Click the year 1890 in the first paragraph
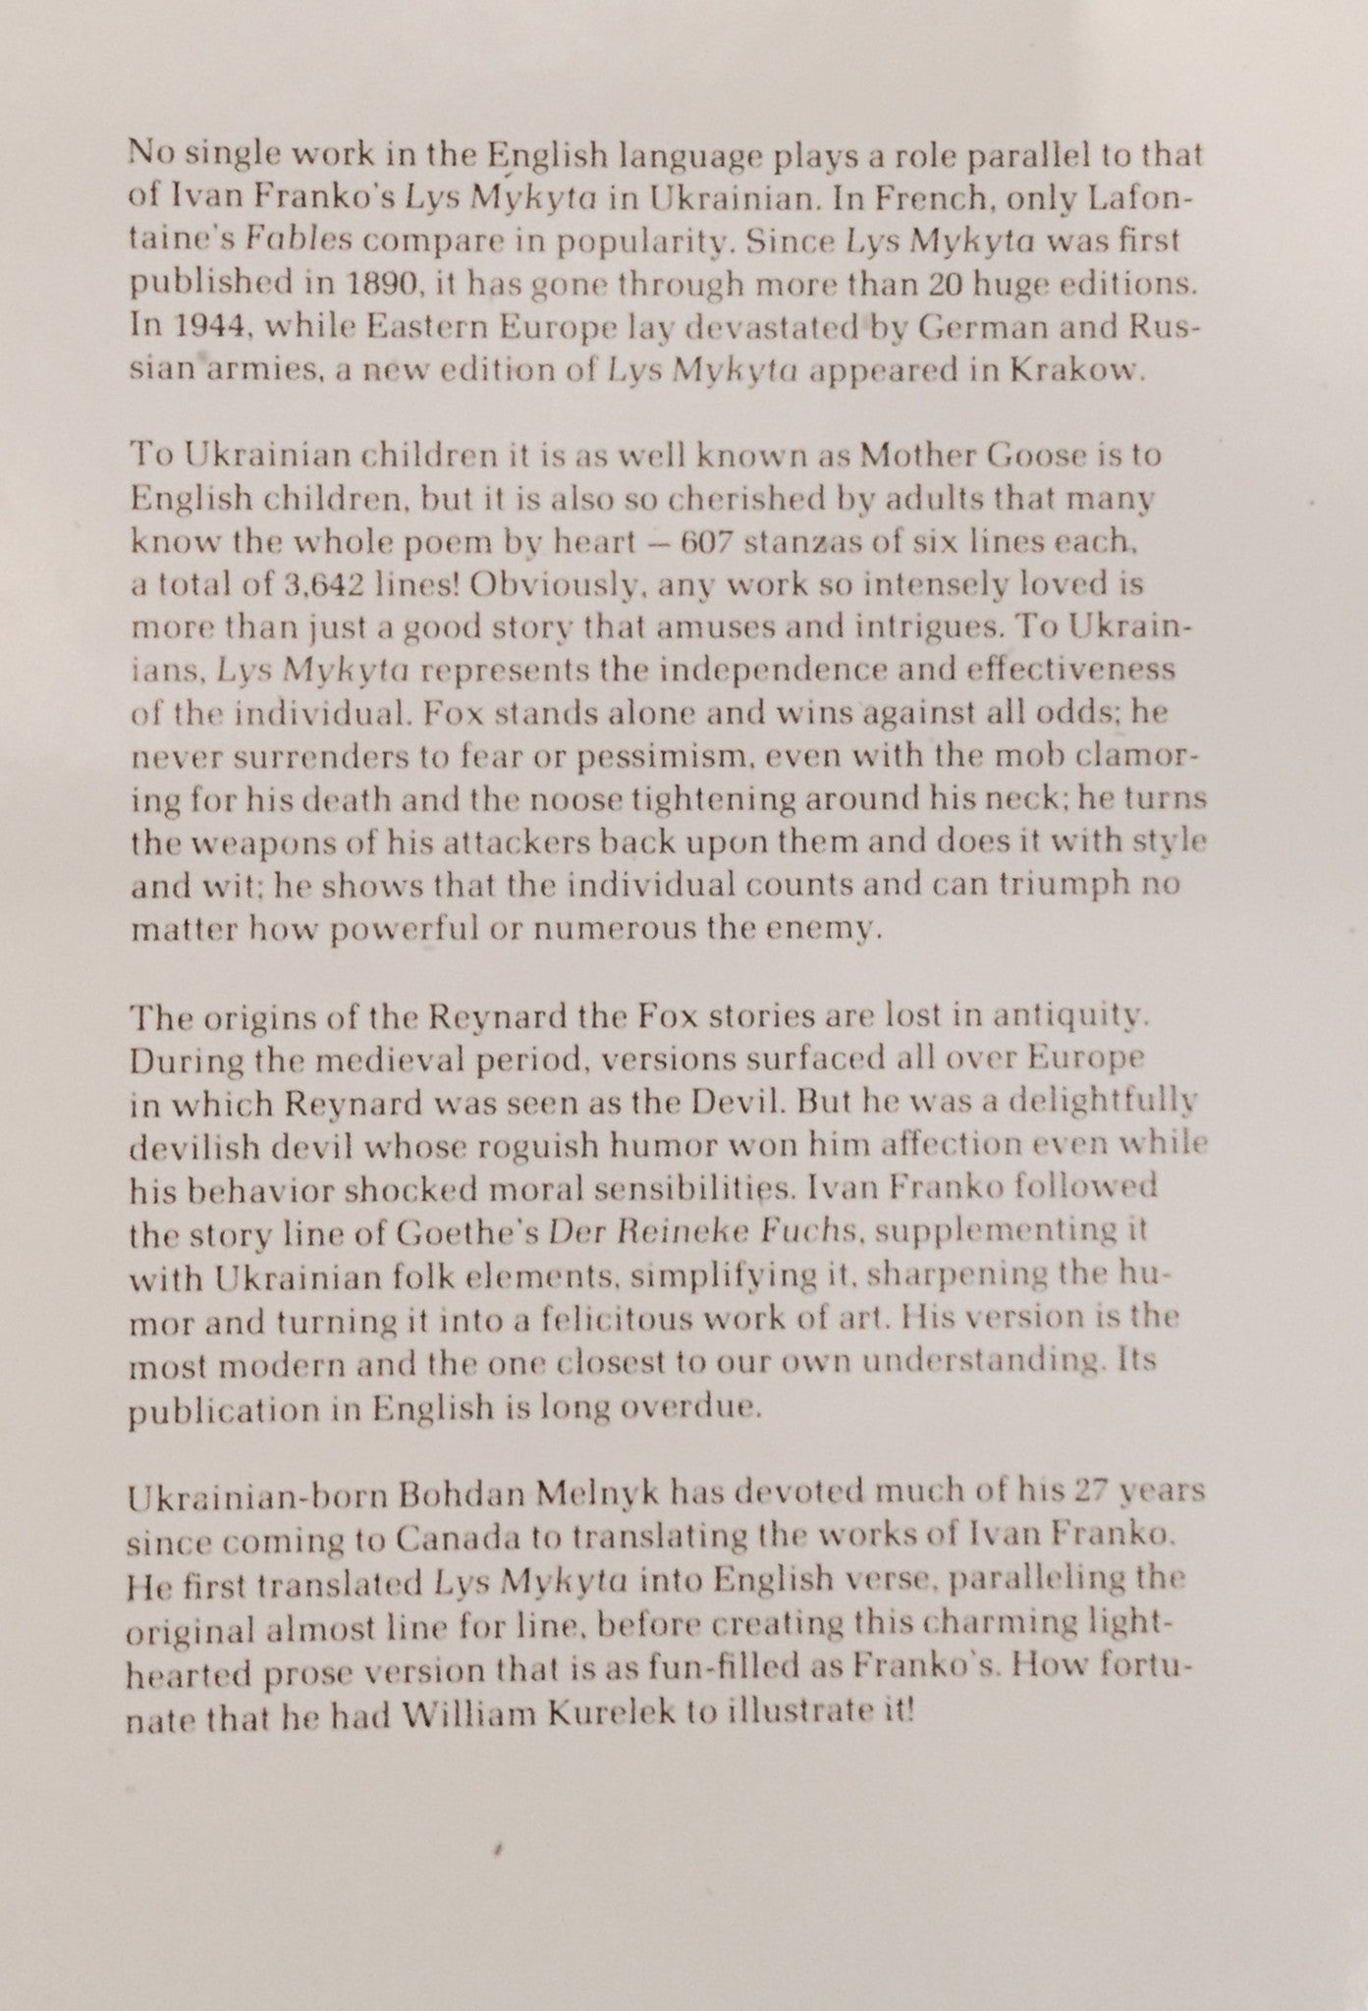376,285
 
